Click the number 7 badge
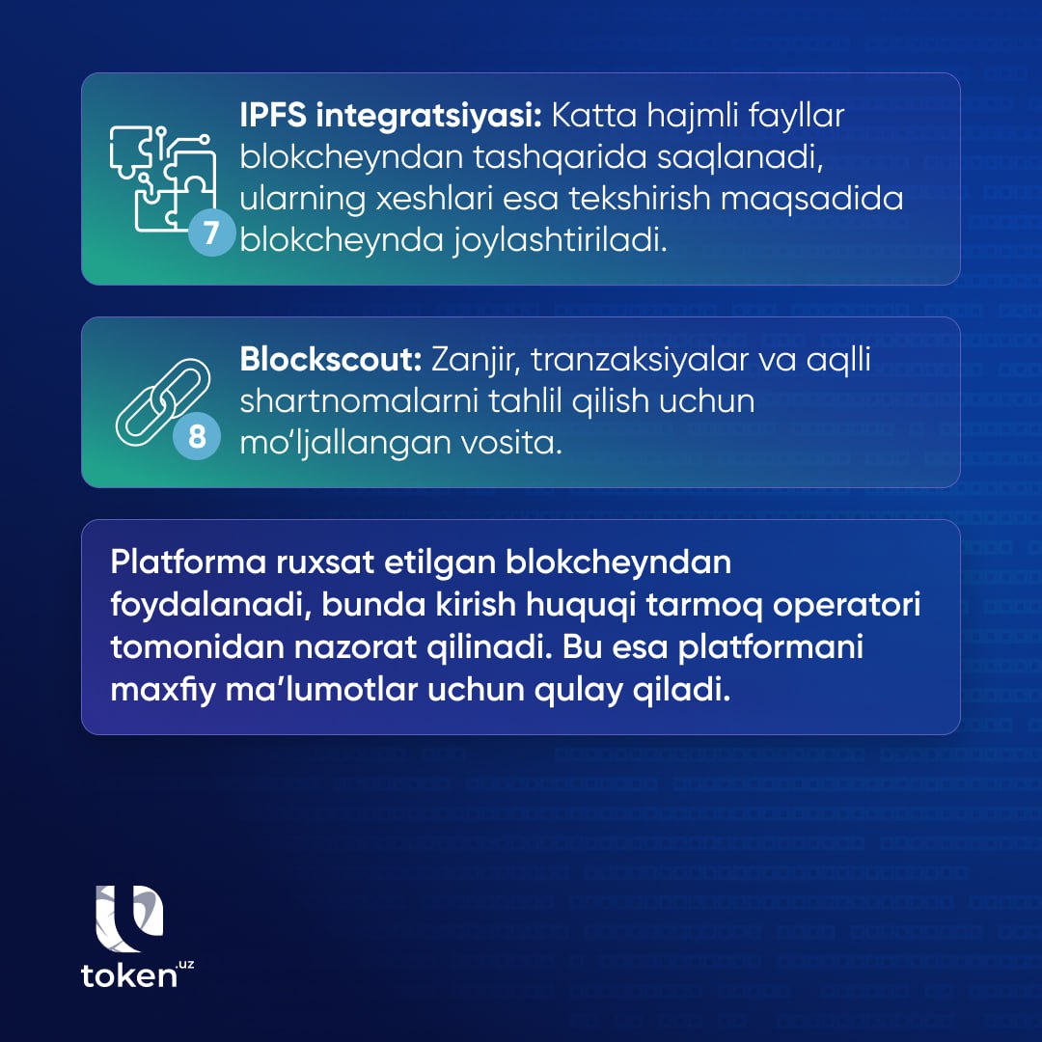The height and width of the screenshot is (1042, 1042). (x=211, y=233)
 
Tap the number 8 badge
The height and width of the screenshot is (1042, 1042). (x=197, y=436)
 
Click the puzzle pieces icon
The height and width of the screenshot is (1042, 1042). (x=163, y=178)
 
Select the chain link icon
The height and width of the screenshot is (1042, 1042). (x=163, y=402)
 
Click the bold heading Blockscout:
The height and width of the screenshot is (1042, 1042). (x=331, y=360)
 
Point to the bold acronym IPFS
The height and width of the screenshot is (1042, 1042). (x=273, y=115)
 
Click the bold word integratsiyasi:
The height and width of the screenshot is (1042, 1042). (x=429, y=117)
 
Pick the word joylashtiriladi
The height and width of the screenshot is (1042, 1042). (x=561, y=240)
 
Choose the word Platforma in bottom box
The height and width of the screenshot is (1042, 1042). (x=188, y=562)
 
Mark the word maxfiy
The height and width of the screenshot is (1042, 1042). (x=163, y=691)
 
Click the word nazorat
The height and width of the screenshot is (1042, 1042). (x=355, y=647)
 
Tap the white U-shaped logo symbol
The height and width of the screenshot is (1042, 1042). (x=129, y=919)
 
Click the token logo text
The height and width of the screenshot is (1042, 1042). (x=136, y=974)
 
